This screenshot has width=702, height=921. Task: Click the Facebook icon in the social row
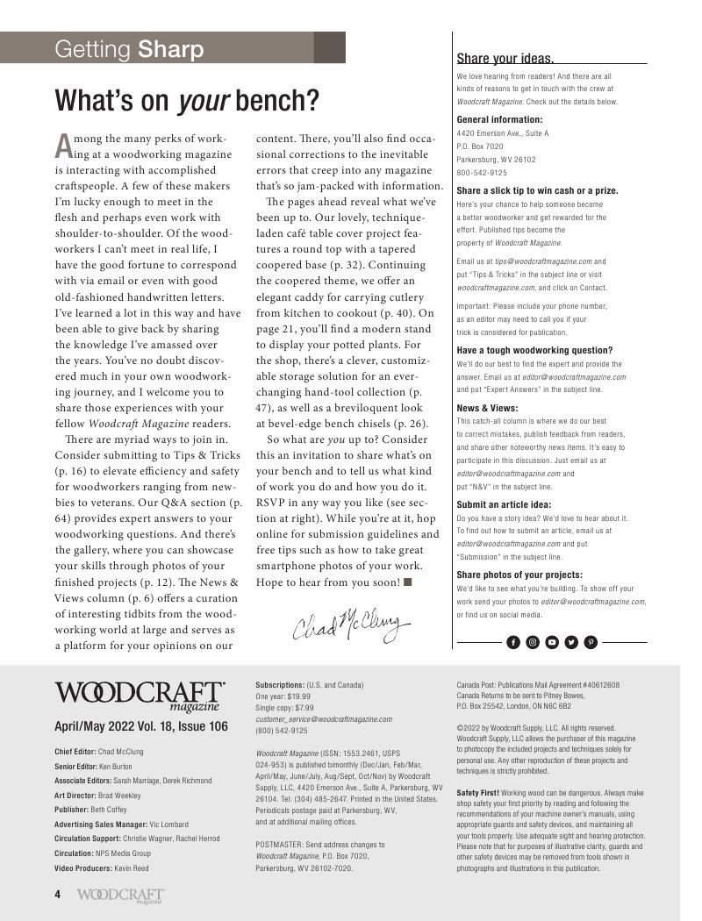(x=513, y=642)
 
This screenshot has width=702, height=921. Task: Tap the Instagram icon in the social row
(x=533, y=642)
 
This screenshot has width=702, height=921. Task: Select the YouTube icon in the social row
(x=552, y=642)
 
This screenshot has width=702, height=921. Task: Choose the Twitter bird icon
(x=571, y=642)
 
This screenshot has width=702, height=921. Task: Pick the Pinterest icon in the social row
(x=591, y=642)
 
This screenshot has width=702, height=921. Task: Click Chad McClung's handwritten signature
(x=351, y=624)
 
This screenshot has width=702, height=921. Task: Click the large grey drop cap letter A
(x=62, y=144)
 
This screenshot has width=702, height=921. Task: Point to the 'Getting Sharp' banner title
(x=129, y=49)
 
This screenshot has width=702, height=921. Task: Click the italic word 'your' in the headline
(x=204, y=102)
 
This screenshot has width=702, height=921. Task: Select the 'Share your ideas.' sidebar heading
(x=505, y=59)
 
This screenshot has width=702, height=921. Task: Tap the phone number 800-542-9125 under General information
(x=482, y=173)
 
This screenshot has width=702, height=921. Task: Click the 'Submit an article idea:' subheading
(x=504, y=504)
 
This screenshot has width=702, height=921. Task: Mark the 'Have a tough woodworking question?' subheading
(x=534, y=350)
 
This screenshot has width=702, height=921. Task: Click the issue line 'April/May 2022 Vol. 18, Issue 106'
(x=141, y=726)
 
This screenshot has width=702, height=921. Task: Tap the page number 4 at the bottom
(x=58, y=895)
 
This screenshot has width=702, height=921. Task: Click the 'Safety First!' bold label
(x=477, y=792)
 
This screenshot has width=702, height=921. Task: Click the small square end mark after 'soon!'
(x=408, y=582)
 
